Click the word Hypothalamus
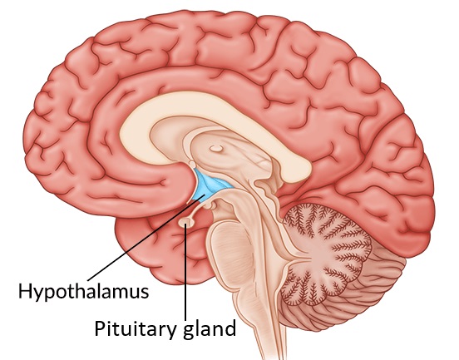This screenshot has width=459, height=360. pyautogui.click(x=84, y=292)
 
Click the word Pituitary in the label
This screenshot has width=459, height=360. pyautogui.click(x=136, y=328)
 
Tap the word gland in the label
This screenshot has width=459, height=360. pyautogui.click(x=210, y=329)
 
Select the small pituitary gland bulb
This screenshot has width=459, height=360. pyautogui.click(x=186, y=224)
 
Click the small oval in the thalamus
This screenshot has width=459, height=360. pyautogui.click(x=216, y=149)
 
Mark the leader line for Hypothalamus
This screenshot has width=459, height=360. pyautogui.click(x=146, y=238)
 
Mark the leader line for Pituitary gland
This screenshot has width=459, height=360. pyautogui.click(x=185, y=272)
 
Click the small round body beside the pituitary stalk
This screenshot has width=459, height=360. pyautogui.click(x=209, y=206)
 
